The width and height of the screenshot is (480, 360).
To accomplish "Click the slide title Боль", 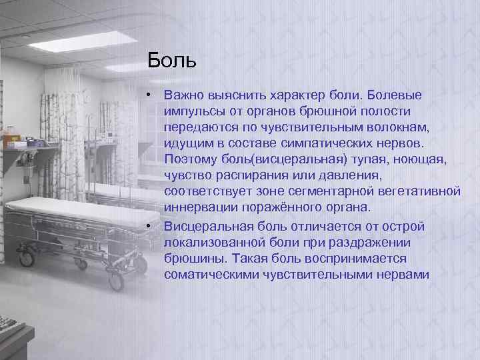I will pos(173,61).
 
